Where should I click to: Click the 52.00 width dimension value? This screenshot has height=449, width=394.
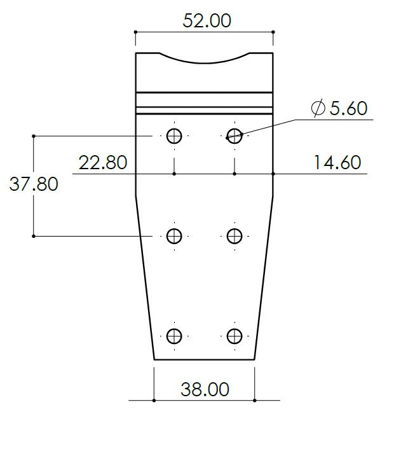207,20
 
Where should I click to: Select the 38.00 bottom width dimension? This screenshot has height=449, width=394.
204,389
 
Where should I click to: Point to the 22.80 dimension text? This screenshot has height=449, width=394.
102,163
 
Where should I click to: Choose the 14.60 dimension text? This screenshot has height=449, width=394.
337,163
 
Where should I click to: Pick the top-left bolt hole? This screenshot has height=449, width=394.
174,135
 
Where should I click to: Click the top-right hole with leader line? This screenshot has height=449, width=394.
234,135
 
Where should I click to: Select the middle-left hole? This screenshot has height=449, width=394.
174,236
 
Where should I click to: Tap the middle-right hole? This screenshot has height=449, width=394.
234,236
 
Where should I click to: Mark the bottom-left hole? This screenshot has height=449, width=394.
174,336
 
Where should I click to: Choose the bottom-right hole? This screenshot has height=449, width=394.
234,336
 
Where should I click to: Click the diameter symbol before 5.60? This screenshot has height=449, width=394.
318,109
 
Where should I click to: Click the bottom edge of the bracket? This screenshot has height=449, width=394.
204,359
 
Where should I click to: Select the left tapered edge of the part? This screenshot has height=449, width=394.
146,280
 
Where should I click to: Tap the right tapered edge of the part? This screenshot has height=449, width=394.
264,280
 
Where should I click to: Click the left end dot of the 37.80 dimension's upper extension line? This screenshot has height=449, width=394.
34,135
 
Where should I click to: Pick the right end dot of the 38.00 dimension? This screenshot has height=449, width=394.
255,400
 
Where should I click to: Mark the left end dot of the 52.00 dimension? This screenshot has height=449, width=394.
136,31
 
